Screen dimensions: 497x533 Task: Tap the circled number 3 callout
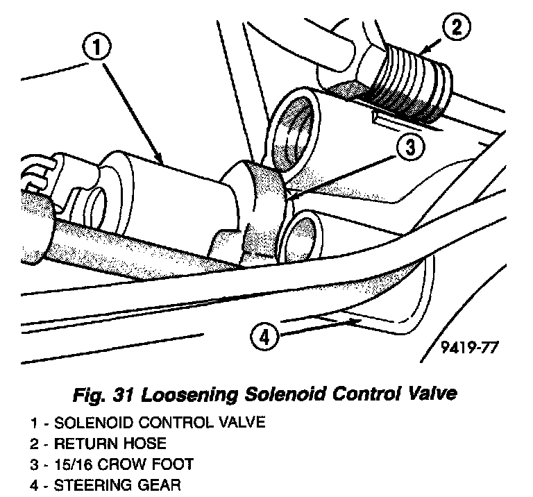click(x=411, y=146)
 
